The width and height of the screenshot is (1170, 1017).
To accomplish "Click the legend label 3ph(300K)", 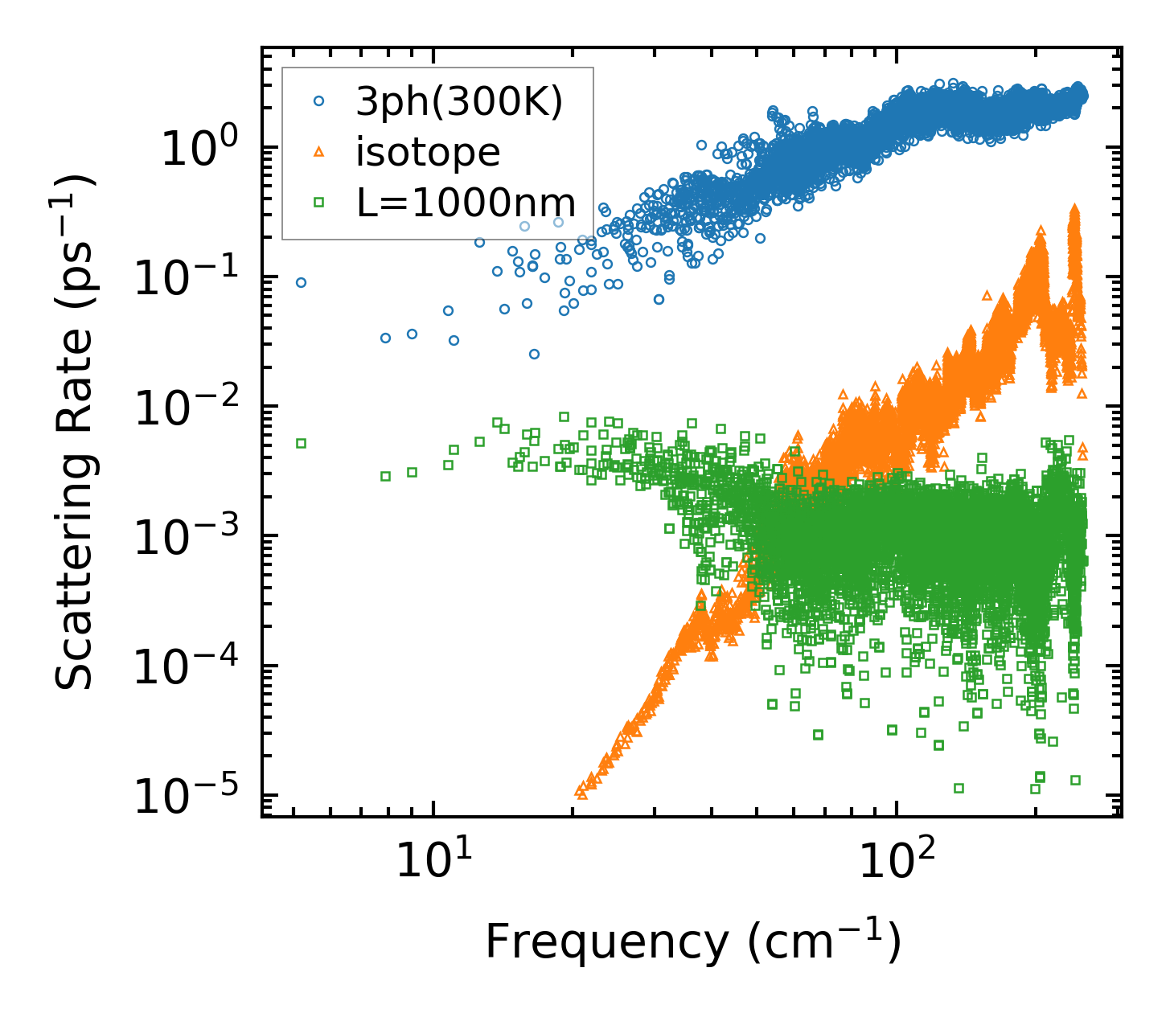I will (459, 102).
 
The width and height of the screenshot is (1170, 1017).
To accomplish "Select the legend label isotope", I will (428, 152).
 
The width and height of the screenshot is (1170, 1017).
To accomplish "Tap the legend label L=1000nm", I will (466, 203).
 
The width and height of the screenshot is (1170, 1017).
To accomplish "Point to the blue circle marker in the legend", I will (319, 101).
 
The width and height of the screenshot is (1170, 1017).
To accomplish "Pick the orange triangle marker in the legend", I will (319, 151).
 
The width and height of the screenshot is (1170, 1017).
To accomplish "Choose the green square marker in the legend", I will (319, 203).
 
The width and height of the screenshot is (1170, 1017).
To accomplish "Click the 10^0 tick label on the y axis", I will (197, 149).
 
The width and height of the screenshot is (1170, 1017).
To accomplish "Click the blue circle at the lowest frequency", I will (301, 282).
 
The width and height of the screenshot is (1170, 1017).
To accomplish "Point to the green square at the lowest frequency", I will (301, 443).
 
